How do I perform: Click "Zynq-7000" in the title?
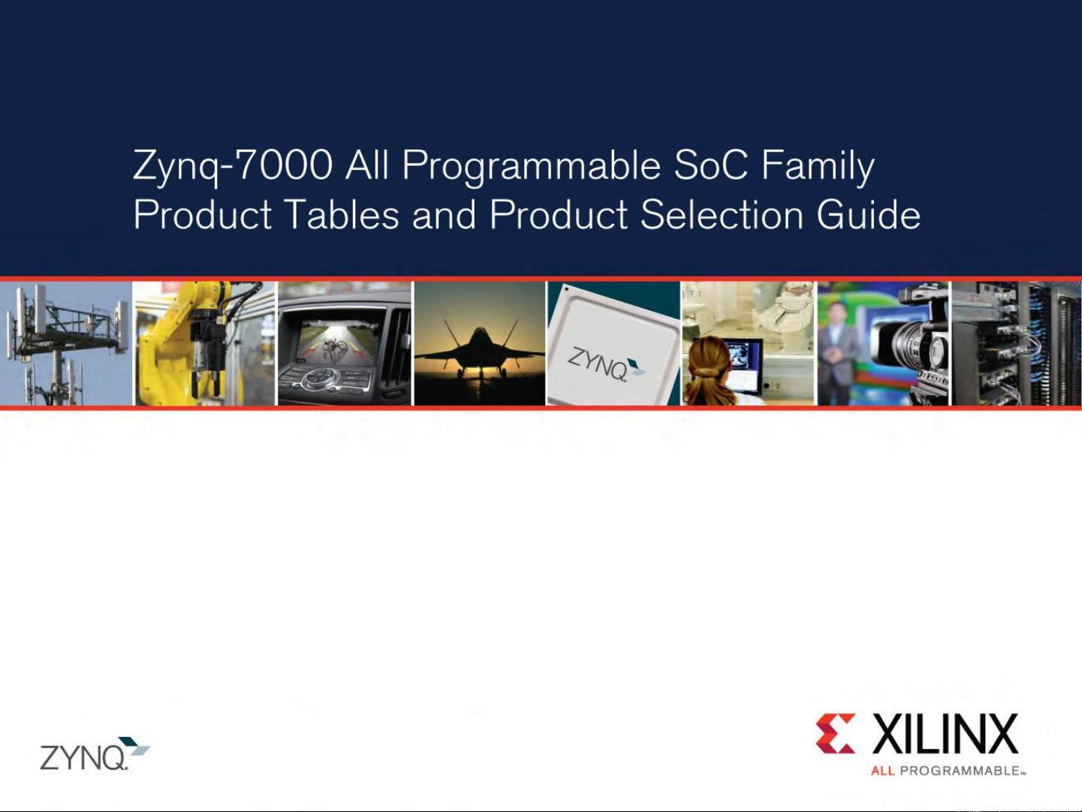tap(233, 166)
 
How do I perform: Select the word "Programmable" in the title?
tap(531, 166)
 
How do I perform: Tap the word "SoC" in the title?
tap(710, 166)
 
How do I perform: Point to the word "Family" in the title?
tap(818, 166)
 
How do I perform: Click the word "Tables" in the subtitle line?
tap(342, 215)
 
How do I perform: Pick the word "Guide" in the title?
tap(868, 215)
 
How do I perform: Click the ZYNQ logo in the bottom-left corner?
tap(95, 754)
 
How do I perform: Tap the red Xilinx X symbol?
tap(835, 733)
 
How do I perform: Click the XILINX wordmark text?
tap(945, 735)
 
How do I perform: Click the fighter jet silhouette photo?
tap(480, 346)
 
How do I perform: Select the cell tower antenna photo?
tap(66, 343)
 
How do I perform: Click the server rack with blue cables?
tap(1016, 343)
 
